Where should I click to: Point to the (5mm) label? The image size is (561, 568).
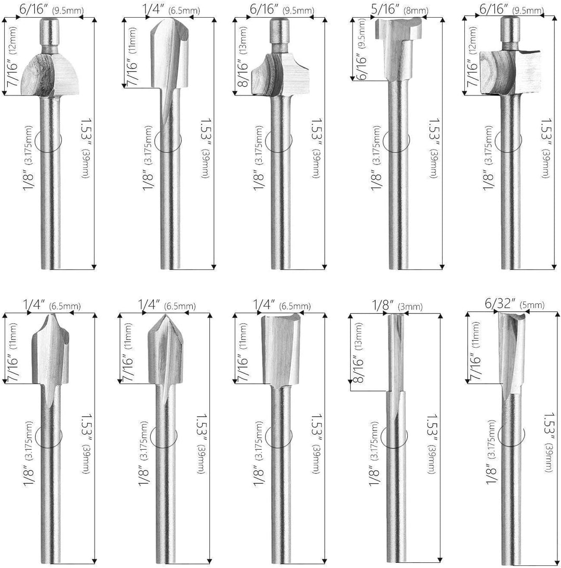532,305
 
